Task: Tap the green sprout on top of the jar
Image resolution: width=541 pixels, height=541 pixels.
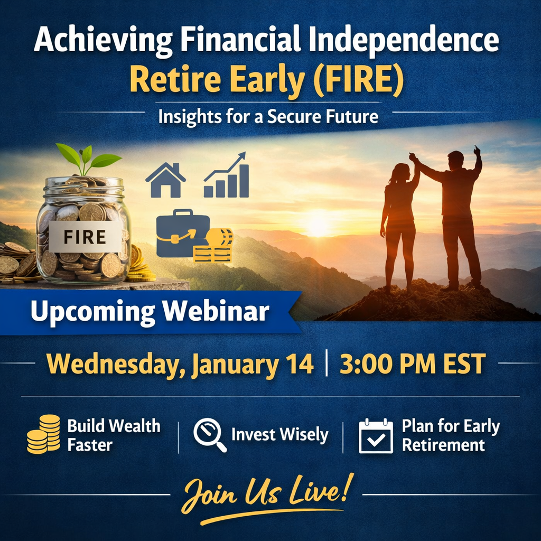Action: (87, 158)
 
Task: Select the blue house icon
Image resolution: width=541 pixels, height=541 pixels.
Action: (165, 181)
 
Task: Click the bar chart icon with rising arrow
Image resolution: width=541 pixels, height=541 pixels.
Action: (227, 176)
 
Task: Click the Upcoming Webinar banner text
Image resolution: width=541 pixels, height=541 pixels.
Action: (150, 312)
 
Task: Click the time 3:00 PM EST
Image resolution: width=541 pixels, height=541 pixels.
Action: (412, 365)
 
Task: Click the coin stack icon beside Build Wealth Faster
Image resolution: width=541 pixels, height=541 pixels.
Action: (43, 434)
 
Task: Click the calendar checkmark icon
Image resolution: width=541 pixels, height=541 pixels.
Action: (376, 436)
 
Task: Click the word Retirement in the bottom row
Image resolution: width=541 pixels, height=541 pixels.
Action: (443, 445)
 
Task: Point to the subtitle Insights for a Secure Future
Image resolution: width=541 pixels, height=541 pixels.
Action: (268, 116)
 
